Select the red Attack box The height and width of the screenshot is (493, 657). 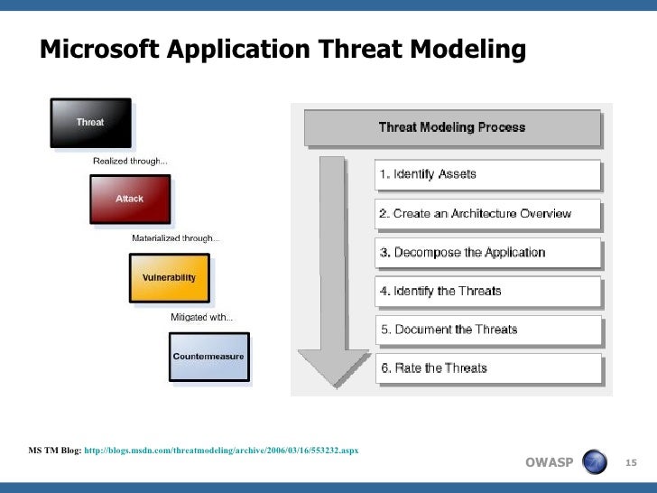pyautogui.click(x=129, y=199)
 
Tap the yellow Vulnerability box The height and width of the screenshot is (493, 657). pyautogui.click(x=169, y=277)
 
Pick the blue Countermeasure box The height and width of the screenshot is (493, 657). pyautogui.click(x=208, y=356)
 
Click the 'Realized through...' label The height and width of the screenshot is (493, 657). pyautogui.click(x=130, y=161)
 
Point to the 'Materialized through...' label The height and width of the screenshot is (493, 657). pyautogui.click(x=175, y=238)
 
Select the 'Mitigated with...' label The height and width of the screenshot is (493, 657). pyautogui.click(x=201, y=317)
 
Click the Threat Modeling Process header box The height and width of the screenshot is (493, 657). pyautogui.click(x=452, y=127)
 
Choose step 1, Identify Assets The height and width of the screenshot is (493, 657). pyautogui.click(x=487, y=174)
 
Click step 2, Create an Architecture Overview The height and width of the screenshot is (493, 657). pyautogui.click(x=487, y=214)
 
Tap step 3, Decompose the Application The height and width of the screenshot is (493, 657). pyautogui.click(x=487, y=253)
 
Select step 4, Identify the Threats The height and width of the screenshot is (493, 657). pyautogui.click(x=487, y=292)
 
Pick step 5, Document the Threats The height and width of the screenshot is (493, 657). pyautogui.click(x=487, y=330)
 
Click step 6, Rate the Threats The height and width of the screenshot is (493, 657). pyautogui.click(x=487, y=368)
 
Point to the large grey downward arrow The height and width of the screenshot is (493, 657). pyautogui.click(x=333, y=271)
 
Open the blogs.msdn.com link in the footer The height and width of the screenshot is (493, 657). pyautogui.click(x=220, y=449)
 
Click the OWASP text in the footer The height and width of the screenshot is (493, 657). pyautogui.click(x=549, y=463)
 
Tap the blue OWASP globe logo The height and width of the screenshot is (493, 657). pyautogui.click(x=596, y=462)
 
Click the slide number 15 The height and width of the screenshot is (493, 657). pyautogui.click(x=631, y=463)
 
